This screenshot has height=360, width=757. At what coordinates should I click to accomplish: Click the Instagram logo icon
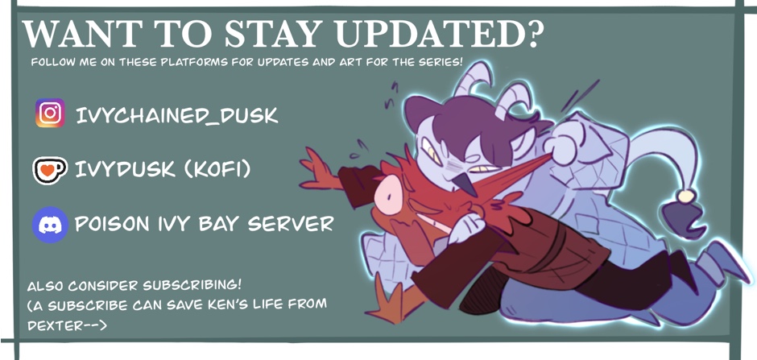point(50,113)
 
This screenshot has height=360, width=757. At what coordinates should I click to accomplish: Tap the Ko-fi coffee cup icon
point(50,170)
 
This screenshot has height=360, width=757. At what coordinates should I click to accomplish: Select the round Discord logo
point(50,225)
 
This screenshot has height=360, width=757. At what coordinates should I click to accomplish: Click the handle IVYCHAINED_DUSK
point(176,116)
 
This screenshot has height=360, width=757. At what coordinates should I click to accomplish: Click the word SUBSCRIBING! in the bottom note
point(192,285)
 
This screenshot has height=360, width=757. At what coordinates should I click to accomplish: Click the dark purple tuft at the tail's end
point(684,218)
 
